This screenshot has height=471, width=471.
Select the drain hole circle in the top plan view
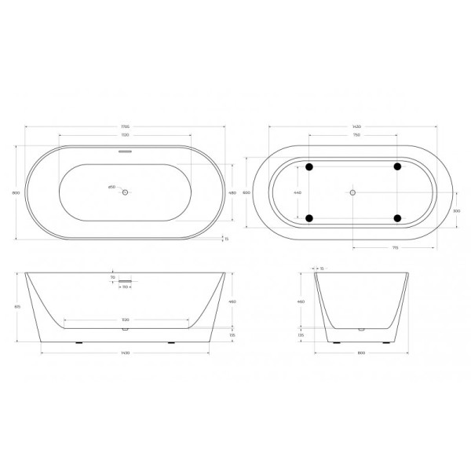coord(126,191)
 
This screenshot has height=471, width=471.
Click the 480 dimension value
coord(232,192)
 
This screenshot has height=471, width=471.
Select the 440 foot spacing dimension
coord(297,192)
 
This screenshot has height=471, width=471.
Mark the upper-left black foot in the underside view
coord(309,166)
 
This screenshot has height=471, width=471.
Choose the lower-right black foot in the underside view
coord(397,217)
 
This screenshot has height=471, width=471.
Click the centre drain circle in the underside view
coord(353,192)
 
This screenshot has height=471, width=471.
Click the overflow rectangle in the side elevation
coord(126,282)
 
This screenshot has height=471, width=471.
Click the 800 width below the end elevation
coord(362,352)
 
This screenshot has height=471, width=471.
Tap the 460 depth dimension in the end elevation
coord(300,301)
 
